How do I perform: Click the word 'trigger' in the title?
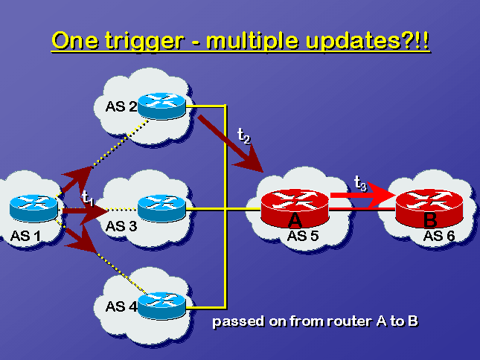[x=144, y=42]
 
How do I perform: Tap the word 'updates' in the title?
[x=353, y=42]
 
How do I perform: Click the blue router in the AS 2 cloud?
[x=161, y=106]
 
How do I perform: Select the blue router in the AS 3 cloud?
[x=161, y=208]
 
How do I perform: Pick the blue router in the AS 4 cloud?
[x=161, y=306]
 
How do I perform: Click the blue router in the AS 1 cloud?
[x=33, y=208]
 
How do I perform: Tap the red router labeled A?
[x=295, y=208]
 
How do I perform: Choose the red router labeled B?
[x=429, y=208]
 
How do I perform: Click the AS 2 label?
[x=121, y=106]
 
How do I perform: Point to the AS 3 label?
[x=121, y=226]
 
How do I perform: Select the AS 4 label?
[x=121, y=306]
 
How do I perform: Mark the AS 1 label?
[x=25, y=236]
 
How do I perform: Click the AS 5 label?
[x=303, y=236]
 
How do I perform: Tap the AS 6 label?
[x=439, y=236]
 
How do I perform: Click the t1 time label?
[x=88, y=198]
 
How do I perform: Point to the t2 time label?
[x=244, y=135]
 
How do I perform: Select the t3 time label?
[x=360, y=184]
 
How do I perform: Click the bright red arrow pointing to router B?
[x=363, y=196]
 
